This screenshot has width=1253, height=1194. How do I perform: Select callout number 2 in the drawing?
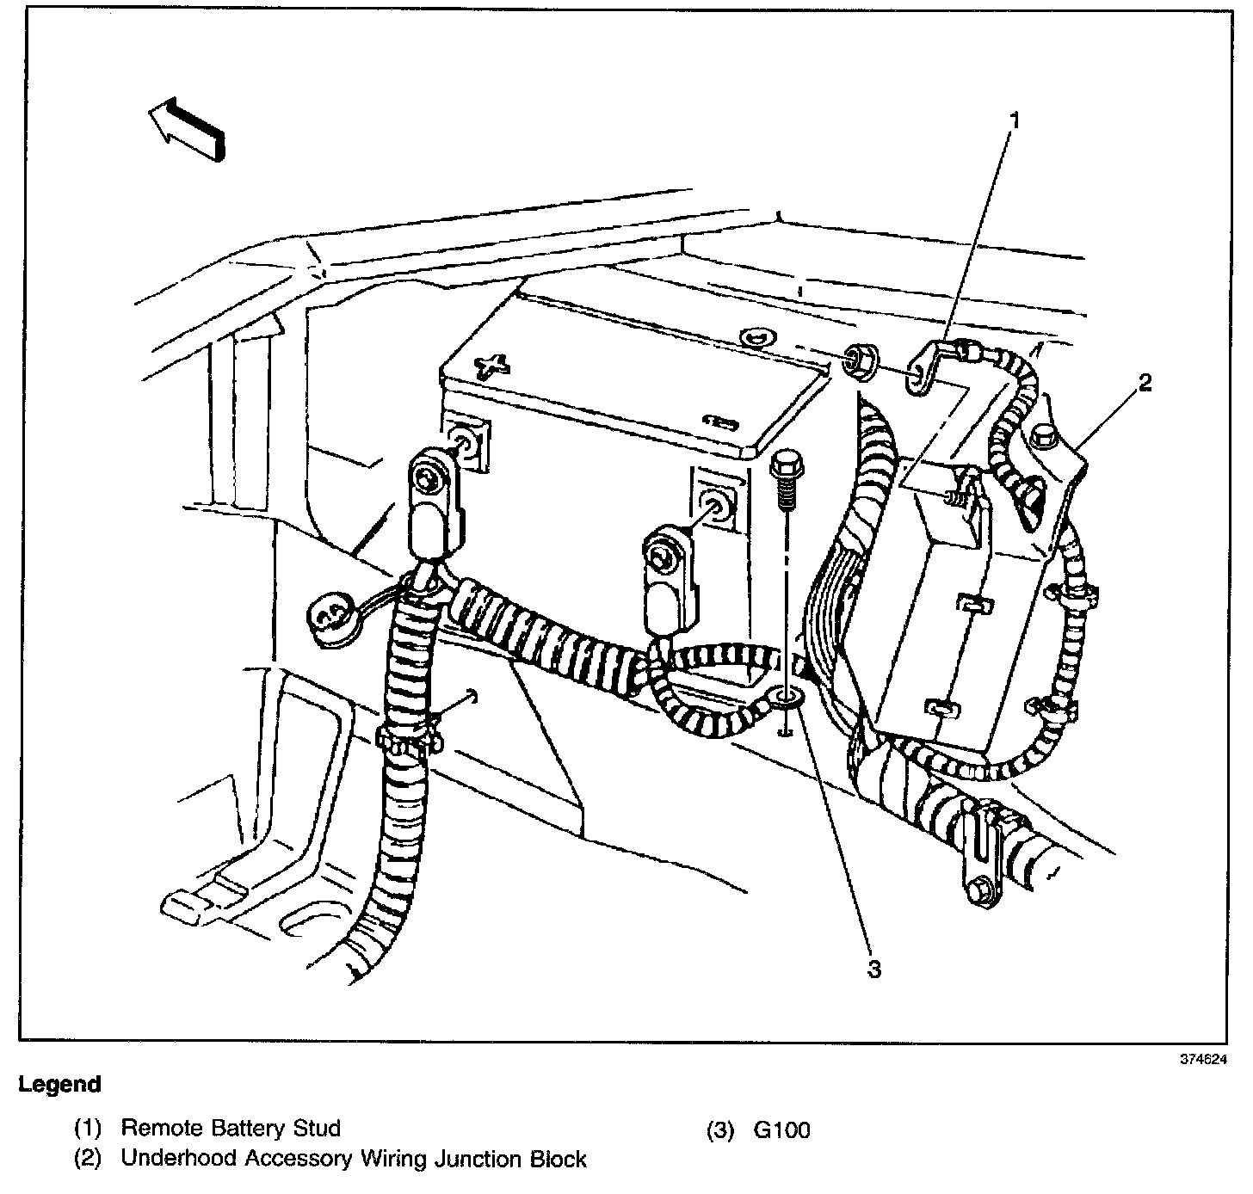(1145, 384)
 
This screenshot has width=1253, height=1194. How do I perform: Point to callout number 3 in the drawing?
(873, 969)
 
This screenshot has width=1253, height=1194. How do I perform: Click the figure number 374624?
(1202, 1060)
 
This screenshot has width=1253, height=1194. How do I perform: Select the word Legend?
(59, 1085)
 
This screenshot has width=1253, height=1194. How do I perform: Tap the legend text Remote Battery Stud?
(231, 1128)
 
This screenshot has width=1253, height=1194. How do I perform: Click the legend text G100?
(781, 1129)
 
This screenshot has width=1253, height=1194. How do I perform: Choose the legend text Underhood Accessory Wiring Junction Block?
(353, 1159)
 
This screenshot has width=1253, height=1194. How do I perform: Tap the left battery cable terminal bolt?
(428, 477)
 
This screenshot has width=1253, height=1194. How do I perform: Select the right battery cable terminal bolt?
(661, 557)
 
